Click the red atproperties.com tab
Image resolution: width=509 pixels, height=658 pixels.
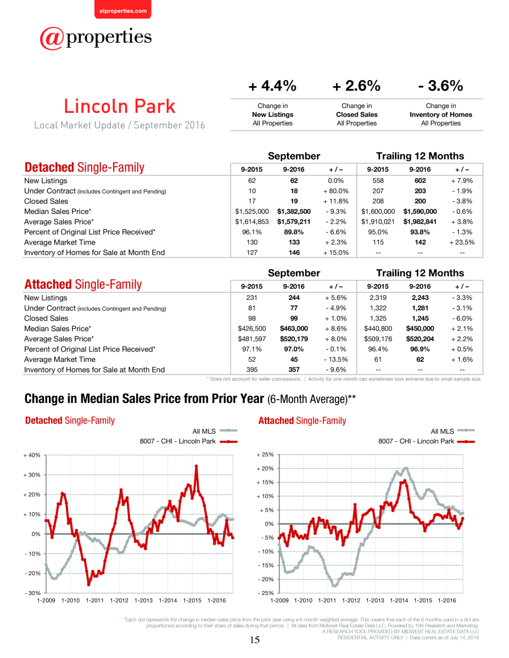[x=123, y=9]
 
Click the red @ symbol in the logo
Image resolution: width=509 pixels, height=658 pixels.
[x=52, y=38]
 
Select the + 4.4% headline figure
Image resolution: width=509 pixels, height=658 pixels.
[x=272, y=86]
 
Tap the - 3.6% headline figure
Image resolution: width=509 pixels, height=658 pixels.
[x=440, y=86]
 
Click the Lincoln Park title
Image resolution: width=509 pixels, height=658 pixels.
[x=120, y=106]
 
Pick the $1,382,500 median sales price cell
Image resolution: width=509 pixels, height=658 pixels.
[x=294, y=211]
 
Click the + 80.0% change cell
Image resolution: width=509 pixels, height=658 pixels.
[x=335, y=191]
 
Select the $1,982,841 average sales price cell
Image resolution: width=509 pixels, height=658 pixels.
[x=420, y=222]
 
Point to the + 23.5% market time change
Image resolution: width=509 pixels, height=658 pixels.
[x=462, y=242]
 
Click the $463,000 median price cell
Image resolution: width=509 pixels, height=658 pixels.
[x=294, y=328]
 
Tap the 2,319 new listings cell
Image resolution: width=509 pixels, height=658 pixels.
[x=378, y=298]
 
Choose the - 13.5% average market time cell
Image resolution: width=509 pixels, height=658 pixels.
[x=335, y=359]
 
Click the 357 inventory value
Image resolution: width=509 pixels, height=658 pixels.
[x=294, y=370]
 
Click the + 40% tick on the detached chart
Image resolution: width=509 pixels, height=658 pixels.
[x=32, y=455]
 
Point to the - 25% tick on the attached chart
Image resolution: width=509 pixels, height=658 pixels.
[x=266, y=593]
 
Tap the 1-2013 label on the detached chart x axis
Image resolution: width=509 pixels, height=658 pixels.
[x=143, y=600]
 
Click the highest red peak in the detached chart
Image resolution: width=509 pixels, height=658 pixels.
[x=196, y=466]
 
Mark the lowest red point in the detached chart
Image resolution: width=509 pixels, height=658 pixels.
[x=89, y=585]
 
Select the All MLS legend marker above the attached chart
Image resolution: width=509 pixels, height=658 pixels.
[x=466, y=430]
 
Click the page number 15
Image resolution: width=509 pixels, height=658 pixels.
[x=255, y=640]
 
